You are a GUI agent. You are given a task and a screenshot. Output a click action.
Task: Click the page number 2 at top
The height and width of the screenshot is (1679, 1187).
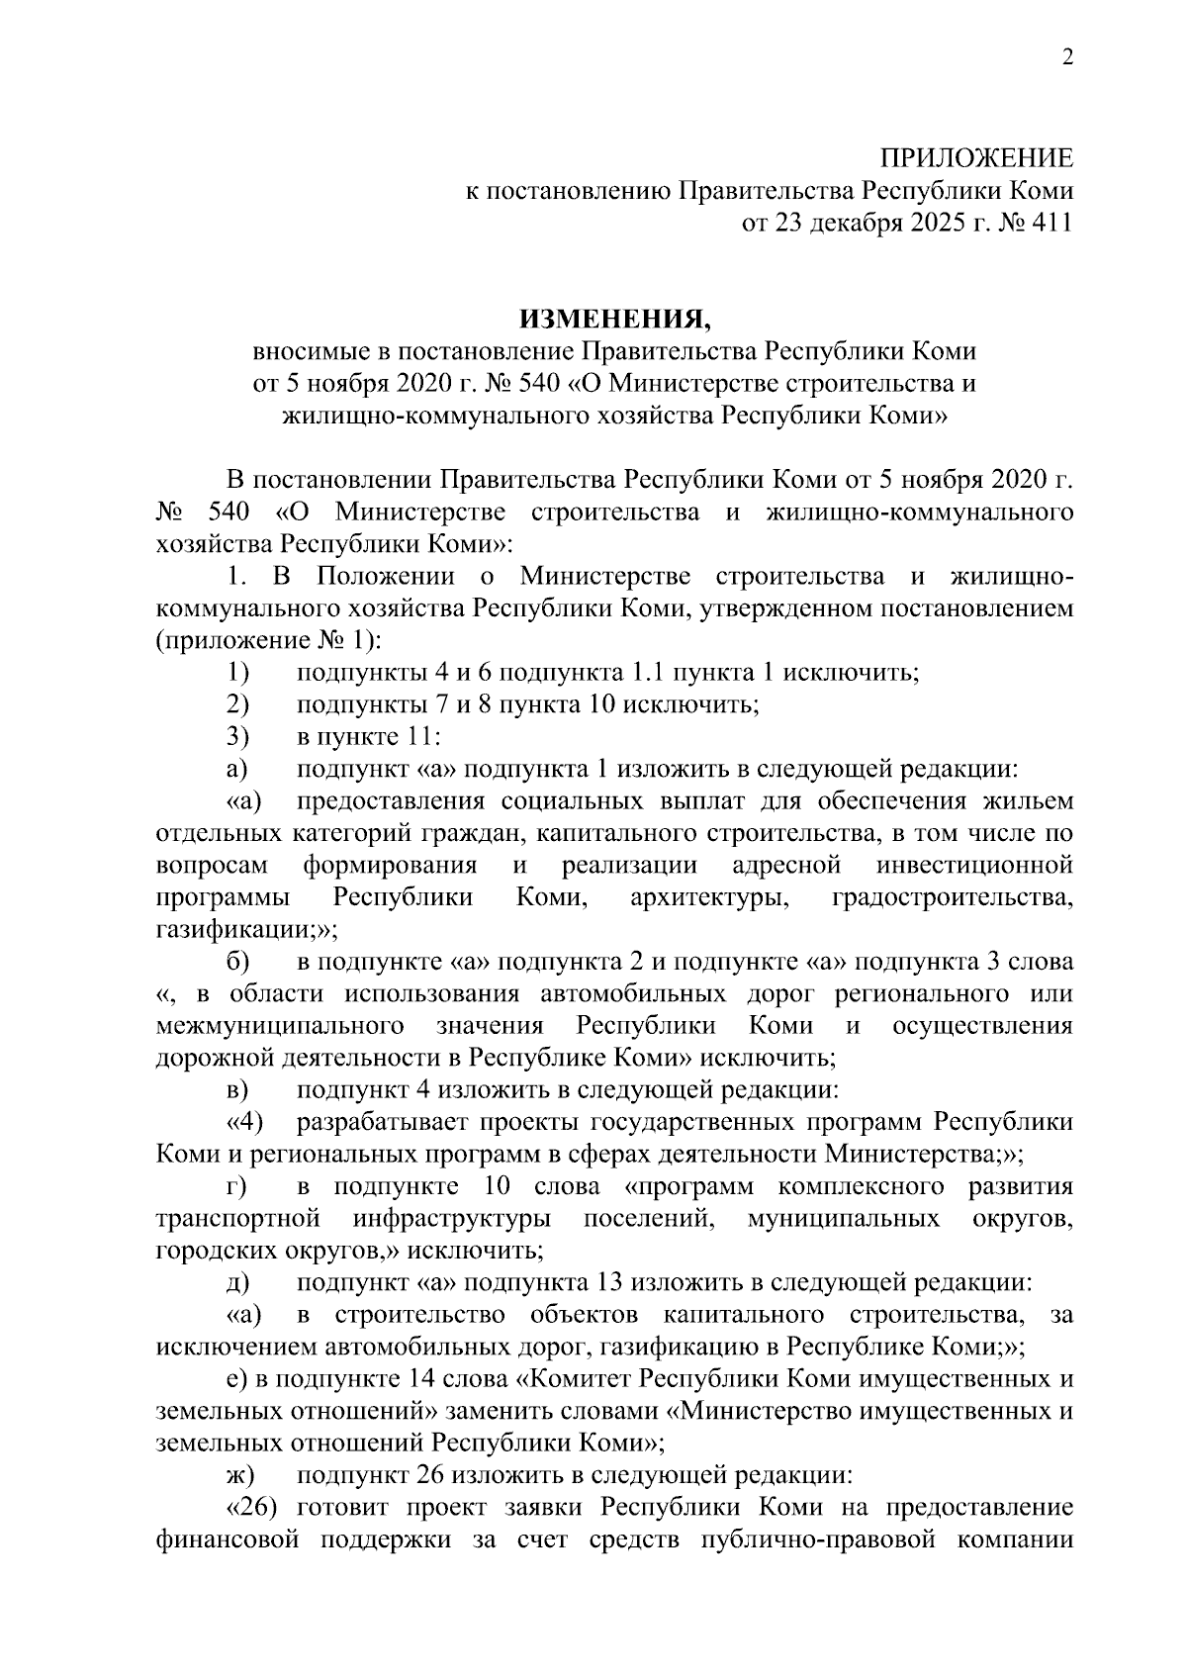(x=1066, y=58)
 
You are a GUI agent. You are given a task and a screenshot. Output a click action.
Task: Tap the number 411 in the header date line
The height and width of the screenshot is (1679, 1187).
(x=1051, y=223)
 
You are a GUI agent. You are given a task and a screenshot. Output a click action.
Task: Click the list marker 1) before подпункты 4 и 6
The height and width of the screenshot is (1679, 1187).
(x=236, y=673)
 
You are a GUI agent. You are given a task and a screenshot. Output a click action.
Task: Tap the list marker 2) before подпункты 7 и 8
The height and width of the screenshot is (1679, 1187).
(x=236, y=704)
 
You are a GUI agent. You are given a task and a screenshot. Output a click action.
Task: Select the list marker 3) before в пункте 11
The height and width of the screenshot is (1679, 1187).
(x=236, y=737)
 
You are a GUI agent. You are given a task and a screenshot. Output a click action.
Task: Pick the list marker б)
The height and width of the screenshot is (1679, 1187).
(x=237, y=963)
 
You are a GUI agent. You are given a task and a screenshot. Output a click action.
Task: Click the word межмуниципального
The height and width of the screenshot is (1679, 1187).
(x=279, y=1025)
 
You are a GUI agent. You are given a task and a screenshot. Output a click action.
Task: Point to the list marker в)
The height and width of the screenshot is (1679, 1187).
(x=236, y=1090)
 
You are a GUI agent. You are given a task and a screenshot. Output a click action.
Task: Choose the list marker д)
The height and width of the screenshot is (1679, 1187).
(x=236, y=1283)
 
